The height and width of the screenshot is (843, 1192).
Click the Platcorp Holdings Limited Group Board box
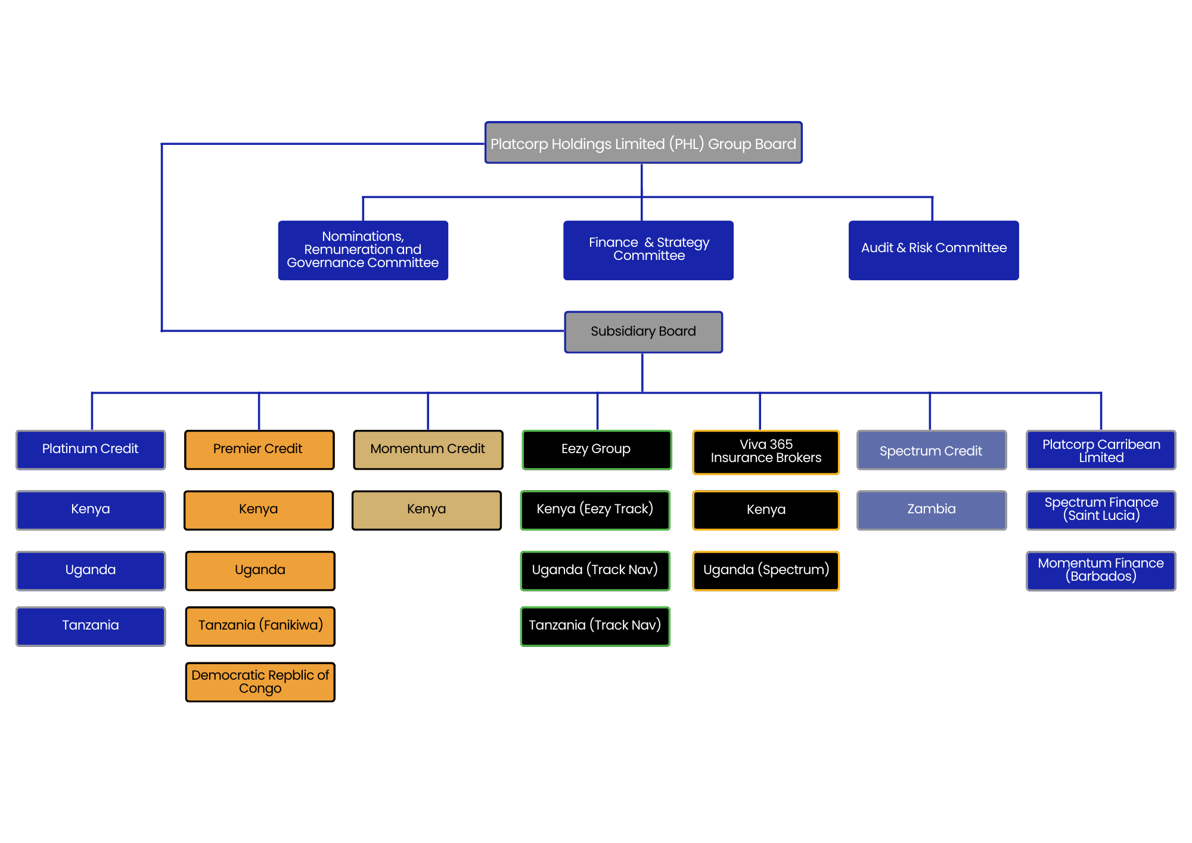[643, 143]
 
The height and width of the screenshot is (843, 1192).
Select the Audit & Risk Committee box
[933, 250]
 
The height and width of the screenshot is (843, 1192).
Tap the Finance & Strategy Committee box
[648, 250]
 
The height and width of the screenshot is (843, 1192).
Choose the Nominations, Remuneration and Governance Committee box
[363, 250]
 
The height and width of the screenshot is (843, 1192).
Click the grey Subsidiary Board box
[643, 331]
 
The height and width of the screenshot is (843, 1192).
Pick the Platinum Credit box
[91, 450]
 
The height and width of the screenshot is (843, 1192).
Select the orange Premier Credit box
[259, 450]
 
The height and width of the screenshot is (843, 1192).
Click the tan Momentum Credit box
[428, 450]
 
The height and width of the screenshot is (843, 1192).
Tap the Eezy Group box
[597, 450]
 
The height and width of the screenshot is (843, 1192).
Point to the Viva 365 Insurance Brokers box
[766, 452]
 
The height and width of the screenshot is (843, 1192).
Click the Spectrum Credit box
[931, 450]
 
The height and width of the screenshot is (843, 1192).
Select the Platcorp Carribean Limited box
[1101, 450]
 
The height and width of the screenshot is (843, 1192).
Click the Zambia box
[931, 510]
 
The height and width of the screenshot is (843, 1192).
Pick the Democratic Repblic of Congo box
[260, 682]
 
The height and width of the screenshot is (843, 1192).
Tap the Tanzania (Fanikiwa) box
[260, 626]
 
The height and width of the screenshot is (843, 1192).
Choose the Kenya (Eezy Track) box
[595, 510]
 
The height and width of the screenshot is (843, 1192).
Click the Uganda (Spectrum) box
[766, 571]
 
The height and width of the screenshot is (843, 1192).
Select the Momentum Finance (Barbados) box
[1101, 571]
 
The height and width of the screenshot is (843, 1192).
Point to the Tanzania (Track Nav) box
[595, 626]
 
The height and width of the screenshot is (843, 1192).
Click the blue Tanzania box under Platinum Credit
[91, 626]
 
